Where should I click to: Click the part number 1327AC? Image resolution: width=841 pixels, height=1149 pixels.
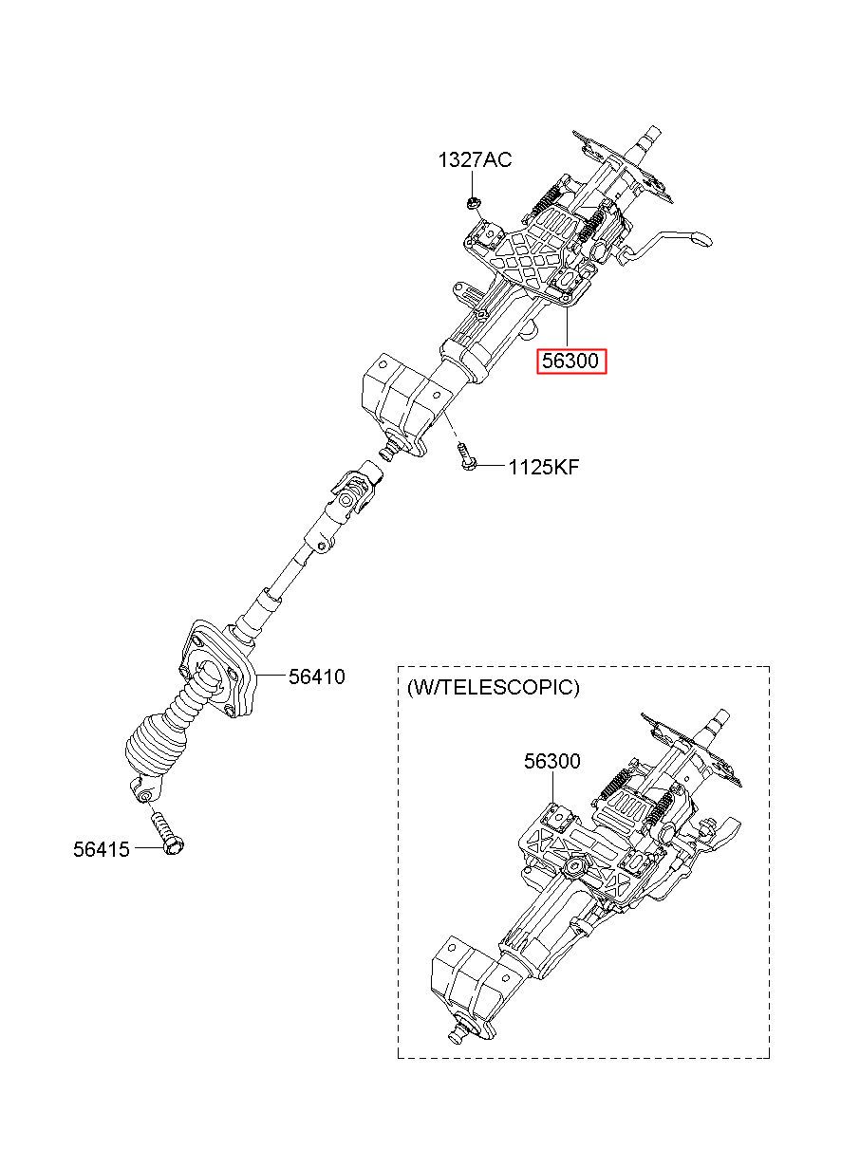click(x=475, y=160)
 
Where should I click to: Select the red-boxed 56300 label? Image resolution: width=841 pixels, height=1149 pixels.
click(x=571, y=361)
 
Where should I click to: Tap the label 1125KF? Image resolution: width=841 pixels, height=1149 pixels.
click(x=544, y=468)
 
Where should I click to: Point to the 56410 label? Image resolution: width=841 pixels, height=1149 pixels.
click(x=317, y=677)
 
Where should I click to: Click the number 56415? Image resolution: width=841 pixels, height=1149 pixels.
click(x=101, y=850)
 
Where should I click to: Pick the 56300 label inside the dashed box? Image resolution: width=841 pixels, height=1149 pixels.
click(x=552, y=761)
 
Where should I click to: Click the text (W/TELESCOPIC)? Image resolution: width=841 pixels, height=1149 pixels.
click(x=493, y=688)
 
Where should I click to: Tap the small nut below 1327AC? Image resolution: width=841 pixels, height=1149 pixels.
click(x=473, y=203)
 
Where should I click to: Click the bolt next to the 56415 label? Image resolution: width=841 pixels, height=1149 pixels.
click(x=167, y=834)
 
